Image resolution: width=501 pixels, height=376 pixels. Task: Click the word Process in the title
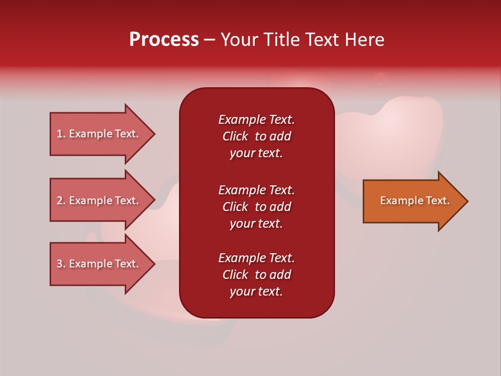point(164,40)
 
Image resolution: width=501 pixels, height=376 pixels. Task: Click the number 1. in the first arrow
point(61,134)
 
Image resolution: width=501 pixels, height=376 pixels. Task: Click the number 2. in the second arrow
point(61,201)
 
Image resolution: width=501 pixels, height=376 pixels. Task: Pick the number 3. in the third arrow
point(61,264)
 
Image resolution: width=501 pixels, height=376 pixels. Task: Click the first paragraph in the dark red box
point(256,136)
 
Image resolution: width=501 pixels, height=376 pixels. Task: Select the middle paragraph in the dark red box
point(256,207)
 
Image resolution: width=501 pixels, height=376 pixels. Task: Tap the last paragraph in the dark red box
point(256,275)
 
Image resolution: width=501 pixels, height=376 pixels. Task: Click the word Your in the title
point(238,40)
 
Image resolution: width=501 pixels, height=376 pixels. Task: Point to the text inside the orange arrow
point(414,201)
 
